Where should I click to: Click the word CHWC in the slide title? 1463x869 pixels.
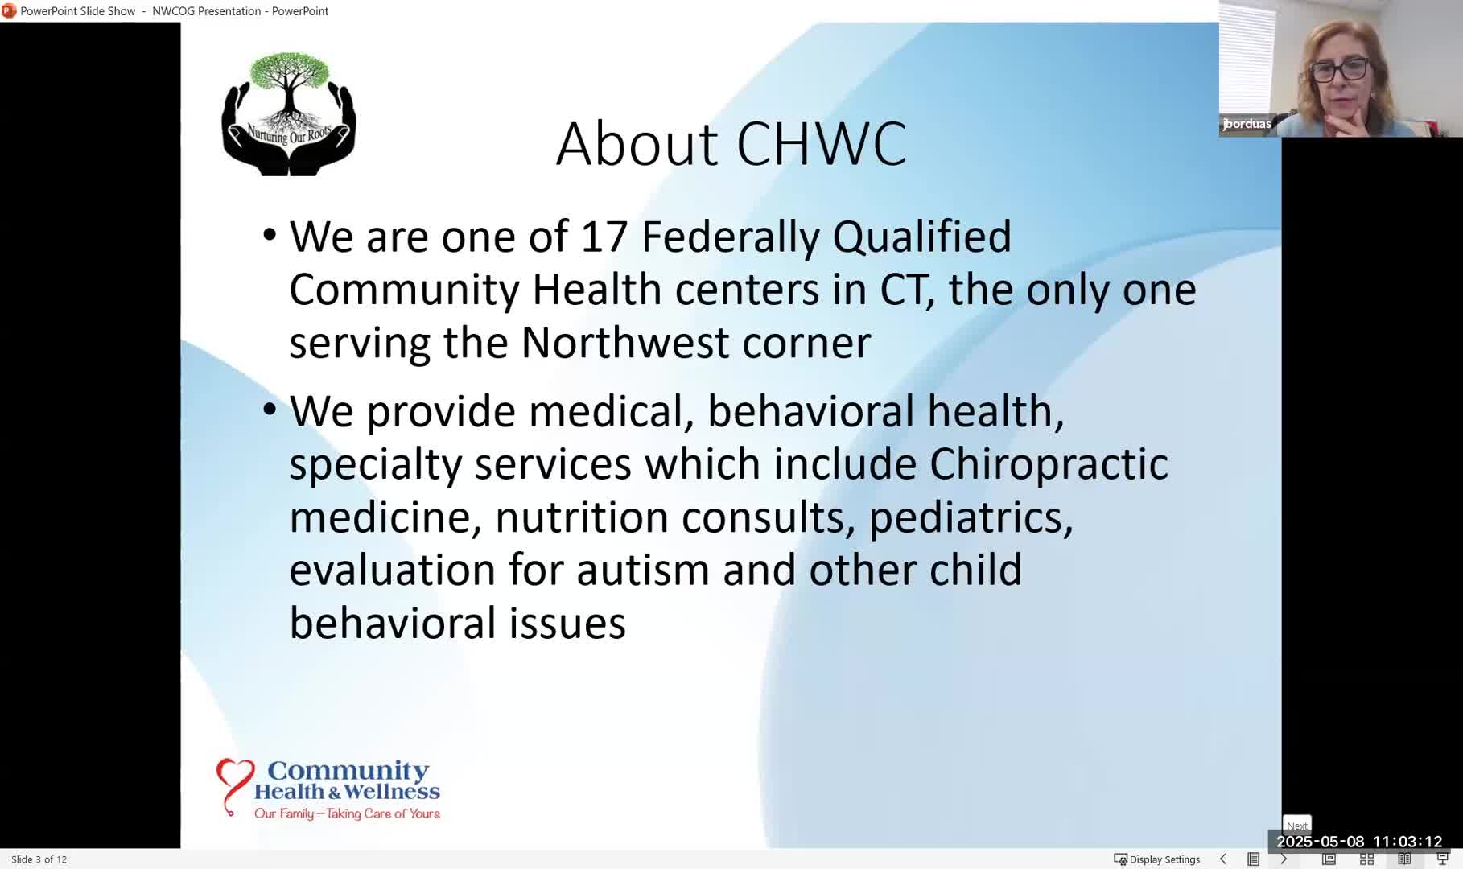(822, 144)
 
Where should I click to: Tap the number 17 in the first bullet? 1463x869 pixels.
(604, 237)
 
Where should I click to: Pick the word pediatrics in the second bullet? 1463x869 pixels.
(971, 518)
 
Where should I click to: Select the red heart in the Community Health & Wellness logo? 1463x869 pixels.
(234, 785)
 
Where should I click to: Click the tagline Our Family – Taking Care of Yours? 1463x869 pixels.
(347, 813)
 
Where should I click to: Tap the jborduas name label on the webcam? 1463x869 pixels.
(1247, 124)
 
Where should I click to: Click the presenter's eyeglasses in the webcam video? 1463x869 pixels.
(1339, 69)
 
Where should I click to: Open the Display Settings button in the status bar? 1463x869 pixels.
(1156, 859)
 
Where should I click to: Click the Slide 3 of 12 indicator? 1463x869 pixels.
(39, 859)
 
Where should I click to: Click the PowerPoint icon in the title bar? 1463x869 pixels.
(9, 10)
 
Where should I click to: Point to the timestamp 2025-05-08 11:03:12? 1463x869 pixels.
(1359, 842)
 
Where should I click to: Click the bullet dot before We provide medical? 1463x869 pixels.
(270, 410)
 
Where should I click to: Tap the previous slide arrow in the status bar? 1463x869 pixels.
(1223, 859)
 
